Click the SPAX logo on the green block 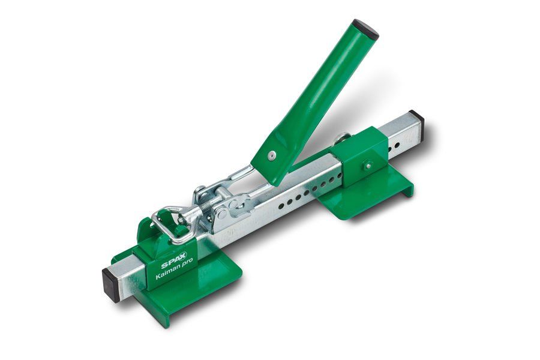174,262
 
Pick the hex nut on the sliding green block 368,166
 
